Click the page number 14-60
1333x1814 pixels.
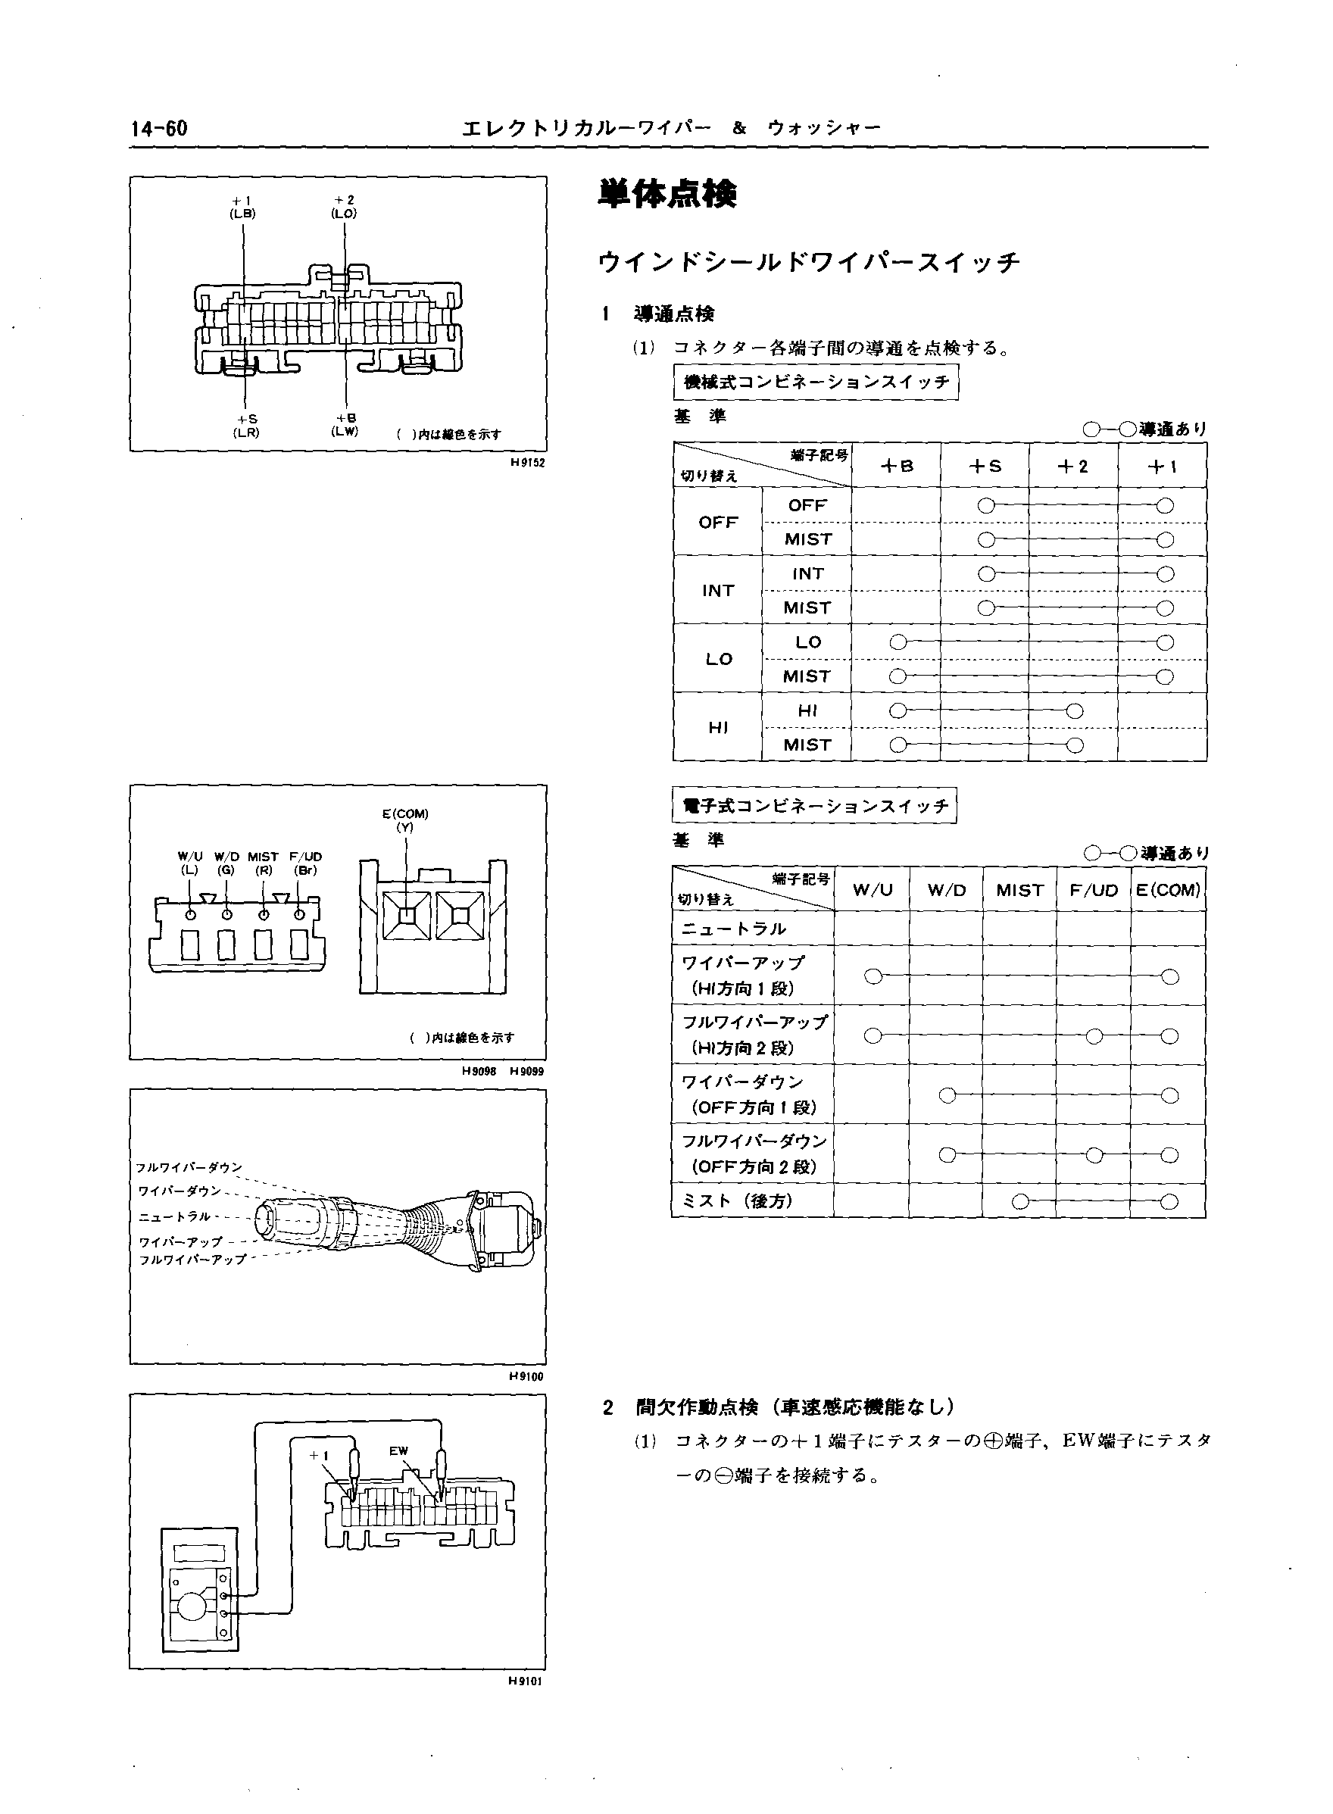coord(159,128)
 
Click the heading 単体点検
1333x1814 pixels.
coord(666,195)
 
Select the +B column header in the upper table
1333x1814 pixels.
coord(897,466)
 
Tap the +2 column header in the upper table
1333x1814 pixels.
coord(1073,466)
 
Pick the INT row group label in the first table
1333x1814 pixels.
coord(717,590)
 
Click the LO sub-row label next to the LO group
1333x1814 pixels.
coord(807,642)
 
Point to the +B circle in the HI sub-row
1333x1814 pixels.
coord(898,711)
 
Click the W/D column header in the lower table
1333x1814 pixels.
coord(946,890)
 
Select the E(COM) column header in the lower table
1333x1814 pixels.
coord(1168,890)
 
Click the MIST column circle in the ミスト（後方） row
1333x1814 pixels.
coord(1020,1201)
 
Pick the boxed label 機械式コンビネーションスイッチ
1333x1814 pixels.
coord(816,382)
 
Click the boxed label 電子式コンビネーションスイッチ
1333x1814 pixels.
coord(814,805)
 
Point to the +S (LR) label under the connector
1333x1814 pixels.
coord(246,425)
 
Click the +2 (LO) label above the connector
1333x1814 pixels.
coord(344,207)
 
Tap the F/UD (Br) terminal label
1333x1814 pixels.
coord(305,863)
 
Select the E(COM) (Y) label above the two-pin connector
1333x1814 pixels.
coord(405,820)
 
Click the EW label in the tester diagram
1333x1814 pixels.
coord(398,1451)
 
